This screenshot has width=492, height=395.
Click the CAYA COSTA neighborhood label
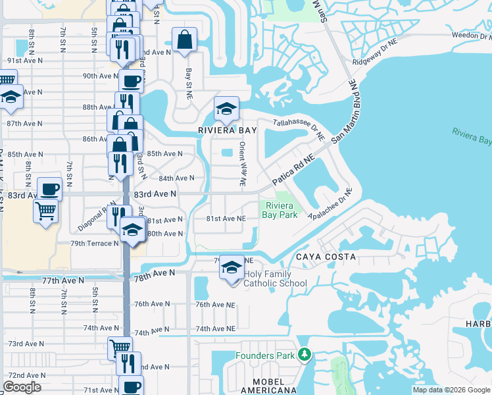[x=326, y=256]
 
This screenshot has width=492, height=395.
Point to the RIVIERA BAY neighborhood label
[x=228, y=130]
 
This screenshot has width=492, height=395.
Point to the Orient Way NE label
[x=243, y=165]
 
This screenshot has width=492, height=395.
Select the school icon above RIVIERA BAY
[x=226, y=109]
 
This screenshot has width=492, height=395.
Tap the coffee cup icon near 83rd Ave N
[x=49, y=189]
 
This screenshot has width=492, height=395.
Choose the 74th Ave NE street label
[x=215, y=328]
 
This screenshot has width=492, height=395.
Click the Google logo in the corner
[x=22, y=387]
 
